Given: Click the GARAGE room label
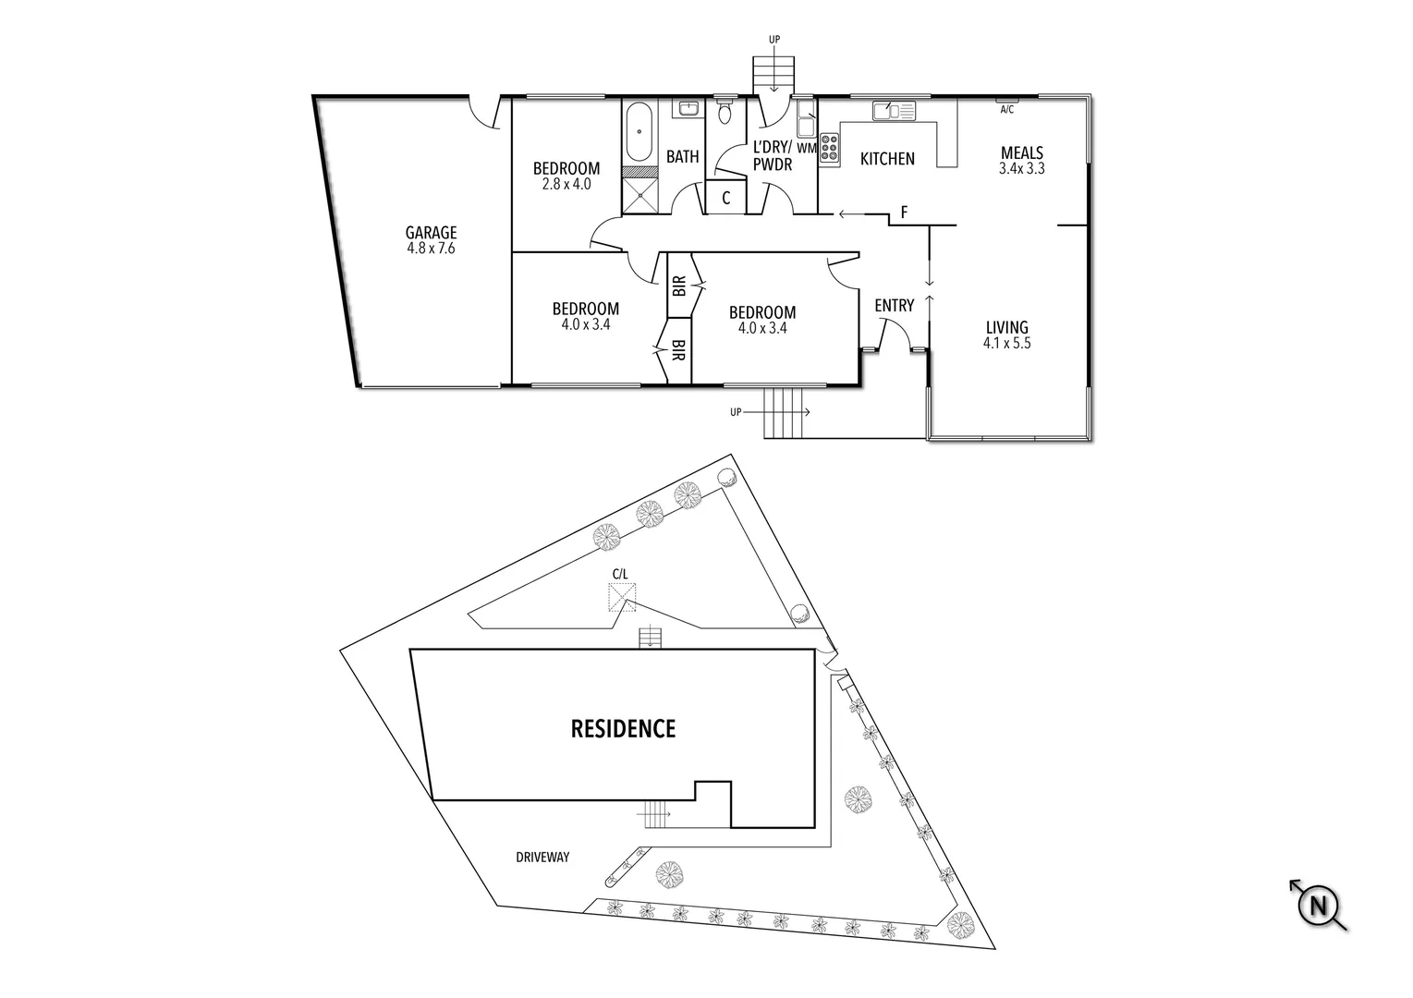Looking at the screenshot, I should click(x=430, y=233).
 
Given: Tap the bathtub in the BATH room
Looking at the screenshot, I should click(x=638, y=135).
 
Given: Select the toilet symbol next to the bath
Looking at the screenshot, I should click(x=725, y=113).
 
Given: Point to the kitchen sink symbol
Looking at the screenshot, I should click(x=893, y=111).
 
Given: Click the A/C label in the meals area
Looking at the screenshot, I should click(x=1007, y=109).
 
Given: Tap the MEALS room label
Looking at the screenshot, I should click(x=1022, y=153).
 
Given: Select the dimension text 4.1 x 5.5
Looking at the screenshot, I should click(x=1007, y=343).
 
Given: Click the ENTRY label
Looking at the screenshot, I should click(x=894, y=306).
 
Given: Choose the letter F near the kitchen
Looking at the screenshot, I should click(x=904, y=213).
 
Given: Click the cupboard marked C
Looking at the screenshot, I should click(x=726, y=198).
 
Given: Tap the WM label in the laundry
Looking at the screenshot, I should click(x=806, y=148).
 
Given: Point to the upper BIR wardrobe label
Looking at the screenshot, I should click(x=679, y=286).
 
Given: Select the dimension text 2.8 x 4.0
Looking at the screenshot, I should click(x=566, y=184).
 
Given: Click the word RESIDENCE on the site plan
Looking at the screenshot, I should click(x=623, y=728).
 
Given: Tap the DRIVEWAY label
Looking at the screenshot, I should click(x=542, y=858).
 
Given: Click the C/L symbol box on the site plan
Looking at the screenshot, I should click(x=619, y=597).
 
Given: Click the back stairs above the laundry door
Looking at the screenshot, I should click(x=773, y=71).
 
